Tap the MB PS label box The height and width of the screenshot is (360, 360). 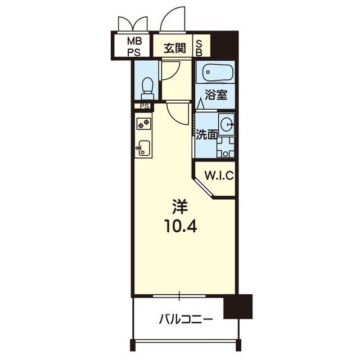coord(134,47)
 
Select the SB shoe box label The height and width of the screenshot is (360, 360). coord(199,48)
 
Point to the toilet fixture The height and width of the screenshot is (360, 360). coord(147,88)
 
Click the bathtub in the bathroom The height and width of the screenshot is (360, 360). coord(218,73)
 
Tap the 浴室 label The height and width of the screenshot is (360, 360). coord(216,95)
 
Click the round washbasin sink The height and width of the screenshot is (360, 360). coord(226,124)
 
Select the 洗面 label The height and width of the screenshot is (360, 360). coord(206,135)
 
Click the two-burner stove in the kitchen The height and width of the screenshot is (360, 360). coord(144,124)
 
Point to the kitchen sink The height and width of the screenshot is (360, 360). coord(144,148)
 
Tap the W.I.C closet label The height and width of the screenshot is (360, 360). coord(219,175)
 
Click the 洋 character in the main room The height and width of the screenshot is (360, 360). coord(180,207)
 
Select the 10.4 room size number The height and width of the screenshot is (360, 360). coord(180,227)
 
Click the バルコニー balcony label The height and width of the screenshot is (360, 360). coord(186,319)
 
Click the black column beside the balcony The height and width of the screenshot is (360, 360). coord(238,307)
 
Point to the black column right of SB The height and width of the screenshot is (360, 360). coord(224,45)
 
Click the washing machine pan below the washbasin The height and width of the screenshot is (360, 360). coord(226,147)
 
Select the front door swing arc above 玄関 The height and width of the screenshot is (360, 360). coord(173,19)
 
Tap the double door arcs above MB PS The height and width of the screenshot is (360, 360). coord(133,24)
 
